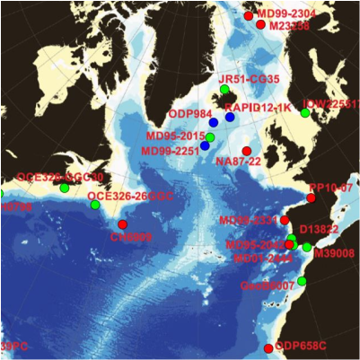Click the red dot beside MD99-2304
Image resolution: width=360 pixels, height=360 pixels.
pyautogui.click(x=249, y=16)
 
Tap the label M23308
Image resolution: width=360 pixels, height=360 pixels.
pyautogui.click(x=288, y=27)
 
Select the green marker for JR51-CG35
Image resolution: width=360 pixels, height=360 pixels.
pyautogui.click(x=224, y=90)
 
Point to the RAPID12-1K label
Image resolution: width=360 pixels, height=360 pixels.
pyautogui.click(x=268, y=108)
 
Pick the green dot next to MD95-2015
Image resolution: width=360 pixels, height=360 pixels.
pyautogui.click(x=210, y=137)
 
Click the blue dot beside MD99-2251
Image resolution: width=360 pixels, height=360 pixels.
pyautogui.click(x=205, y=145)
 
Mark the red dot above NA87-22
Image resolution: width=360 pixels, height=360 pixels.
pyautogui.click(x=247, y=150)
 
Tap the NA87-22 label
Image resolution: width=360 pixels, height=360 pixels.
pyautogui.click(x=238, y=161)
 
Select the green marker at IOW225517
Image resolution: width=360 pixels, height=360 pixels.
pyautogui.click(x=305, y=113)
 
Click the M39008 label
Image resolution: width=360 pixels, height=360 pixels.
pyautogui.click(x=334, y=254)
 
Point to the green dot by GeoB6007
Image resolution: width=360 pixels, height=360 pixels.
pyautogui.click(x=302, y=282)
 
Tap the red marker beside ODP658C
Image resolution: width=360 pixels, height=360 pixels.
pyautogui.click(x=268, y=348)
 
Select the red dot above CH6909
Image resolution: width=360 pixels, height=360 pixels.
pyautogui.click(x=122, y=224)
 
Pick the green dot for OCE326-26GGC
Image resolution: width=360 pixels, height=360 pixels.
pyautogui.click(x=95, y=206)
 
